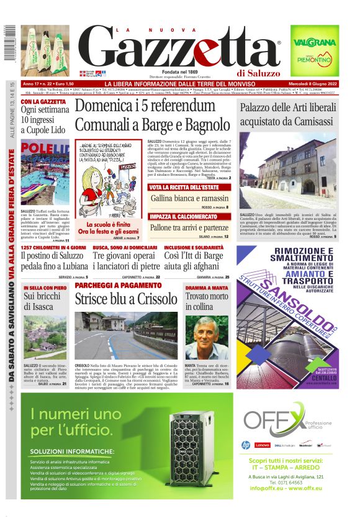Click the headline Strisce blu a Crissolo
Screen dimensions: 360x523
click(126, 298)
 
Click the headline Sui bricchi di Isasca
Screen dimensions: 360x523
click(42, 302)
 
